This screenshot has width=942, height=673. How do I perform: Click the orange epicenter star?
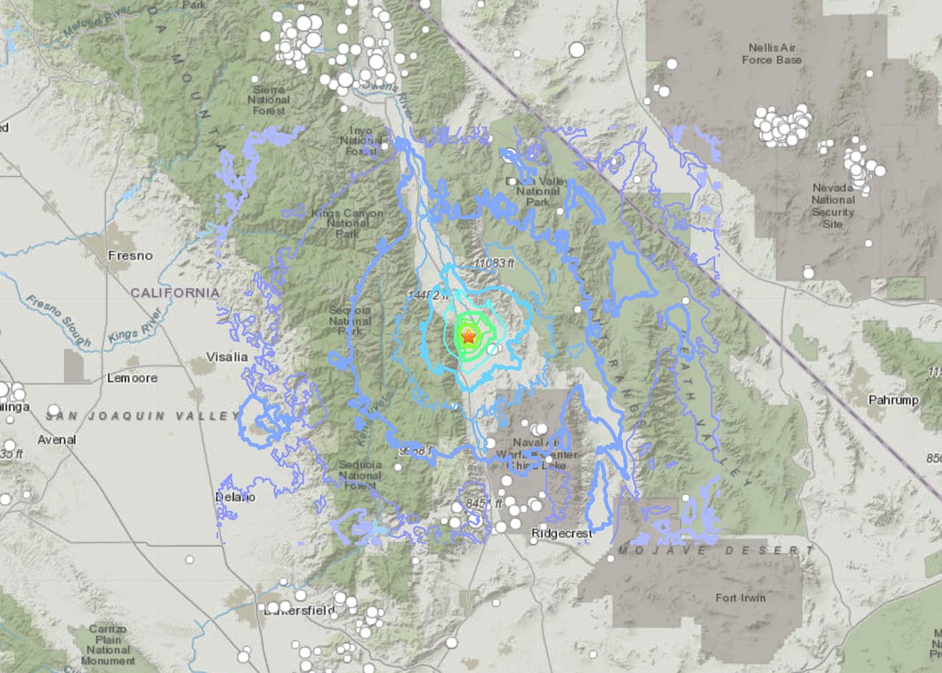coord(469,336)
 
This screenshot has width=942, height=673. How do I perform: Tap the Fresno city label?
coord(130,256)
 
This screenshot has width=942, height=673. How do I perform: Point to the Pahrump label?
coord(893,401)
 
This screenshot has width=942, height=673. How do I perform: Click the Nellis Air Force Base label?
coord(771,54)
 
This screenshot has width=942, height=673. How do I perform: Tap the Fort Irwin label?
coord(740,597)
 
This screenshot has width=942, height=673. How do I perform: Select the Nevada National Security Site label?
coord(833,205)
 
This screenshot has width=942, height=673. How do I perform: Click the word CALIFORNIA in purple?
coord(175,292)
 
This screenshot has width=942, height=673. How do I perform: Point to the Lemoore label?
coord(132,378)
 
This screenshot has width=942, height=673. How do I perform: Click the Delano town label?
coord(235,497)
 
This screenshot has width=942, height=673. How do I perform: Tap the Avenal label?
coord(57,440)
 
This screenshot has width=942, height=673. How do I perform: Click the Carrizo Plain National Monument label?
coord(108,645)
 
